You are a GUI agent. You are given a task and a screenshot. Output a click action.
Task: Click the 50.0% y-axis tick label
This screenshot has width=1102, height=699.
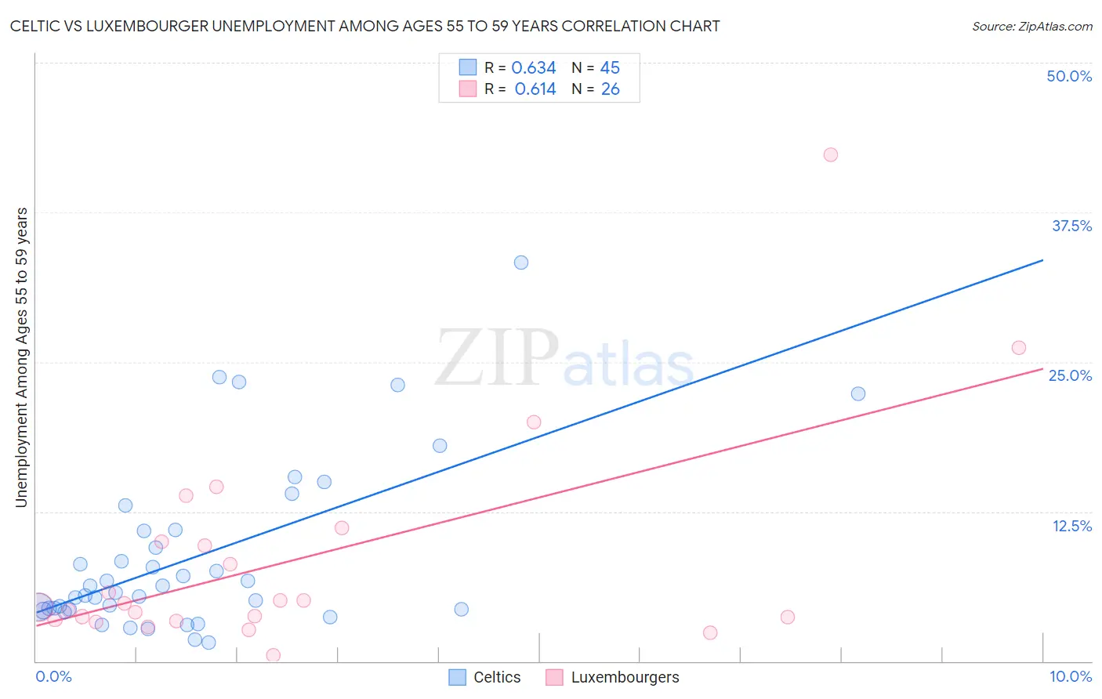1069,76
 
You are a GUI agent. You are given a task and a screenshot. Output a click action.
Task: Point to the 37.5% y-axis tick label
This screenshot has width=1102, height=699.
1071,226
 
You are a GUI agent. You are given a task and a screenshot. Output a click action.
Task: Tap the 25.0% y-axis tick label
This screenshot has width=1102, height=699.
1070,375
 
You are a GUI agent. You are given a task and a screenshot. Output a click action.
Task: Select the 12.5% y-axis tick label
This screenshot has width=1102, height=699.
1071,526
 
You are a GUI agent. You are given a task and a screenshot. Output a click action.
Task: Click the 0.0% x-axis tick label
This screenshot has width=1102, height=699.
53,676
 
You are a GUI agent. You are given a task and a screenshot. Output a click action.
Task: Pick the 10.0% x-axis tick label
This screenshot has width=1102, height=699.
1070,676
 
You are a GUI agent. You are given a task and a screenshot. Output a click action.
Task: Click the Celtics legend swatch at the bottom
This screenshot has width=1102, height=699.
457,677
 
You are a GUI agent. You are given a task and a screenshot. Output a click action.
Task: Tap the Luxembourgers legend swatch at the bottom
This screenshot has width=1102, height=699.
554,677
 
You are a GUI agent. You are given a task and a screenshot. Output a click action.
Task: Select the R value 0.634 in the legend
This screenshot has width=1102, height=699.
533,68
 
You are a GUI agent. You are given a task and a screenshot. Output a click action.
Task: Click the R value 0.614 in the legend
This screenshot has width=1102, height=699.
535,89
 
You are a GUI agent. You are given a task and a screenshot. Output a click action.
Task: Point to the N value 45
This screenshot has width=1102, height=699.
610,68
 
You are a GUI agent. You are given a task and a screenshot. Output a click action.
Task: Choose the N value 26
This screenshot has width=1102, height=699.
610,89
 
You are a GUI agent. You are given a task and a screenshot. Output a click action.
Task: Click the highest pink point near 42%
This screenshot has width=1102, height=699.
831,154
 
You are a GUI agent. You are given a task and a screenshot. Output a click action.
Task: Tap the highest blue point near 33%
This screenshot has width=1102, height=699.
521,263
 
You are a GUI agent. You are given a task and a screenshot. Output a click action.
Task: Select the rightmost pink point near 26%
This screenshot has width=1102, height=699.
1019,348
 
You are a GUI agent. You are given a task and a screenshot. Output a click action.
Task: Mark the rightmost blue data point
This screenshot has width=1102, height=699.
858,393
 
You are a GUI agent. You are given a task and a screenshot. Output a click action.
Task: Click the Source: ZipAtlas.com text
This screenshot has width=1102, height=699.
1031,26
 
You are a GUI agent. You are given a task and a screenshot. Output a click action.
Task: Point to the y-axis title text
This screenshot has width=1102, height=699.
21,357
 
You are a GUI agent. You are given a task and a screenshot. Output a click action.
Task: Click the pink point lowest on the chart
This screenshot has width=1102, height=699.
274,655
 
